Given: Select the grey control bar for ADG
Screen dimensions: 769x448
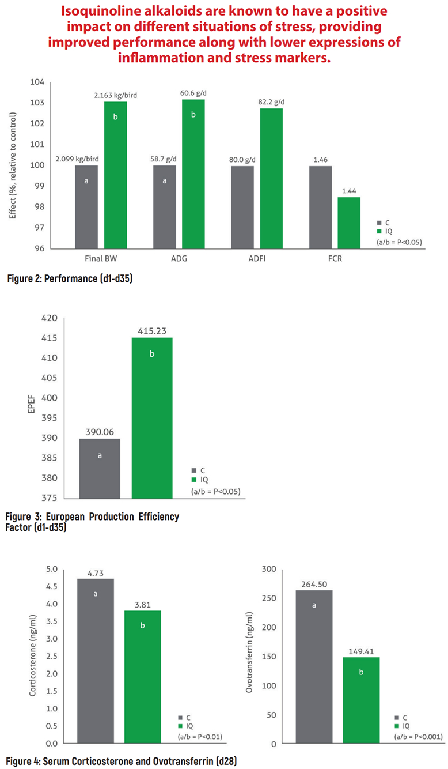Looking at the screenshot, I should tap(165, 207).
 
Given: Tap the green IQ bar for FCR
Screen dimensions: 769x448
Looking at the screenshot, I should tap(349, 223).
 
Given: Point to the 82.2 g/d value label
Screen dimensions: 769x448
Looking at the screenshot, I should tap(271, 102).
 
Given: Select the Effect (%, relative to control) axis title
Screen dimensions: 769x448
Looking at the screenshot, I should tap(13, 164).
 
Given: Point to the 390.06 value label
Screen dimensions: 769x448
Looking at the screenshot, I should tap(100, 431).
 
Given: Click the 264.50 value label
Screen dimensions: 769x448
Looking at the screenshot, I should tap(314, 583).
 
